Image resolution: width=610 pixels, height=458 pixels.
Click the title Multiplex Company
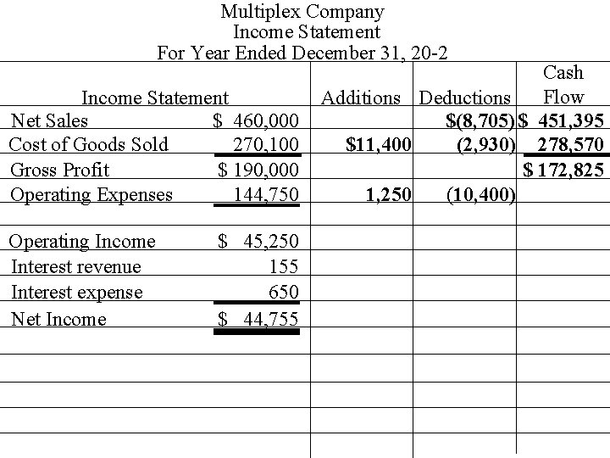coord(302,12)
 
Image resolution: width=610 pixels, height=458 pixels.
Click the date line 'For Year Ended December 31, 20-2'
coord(303,53)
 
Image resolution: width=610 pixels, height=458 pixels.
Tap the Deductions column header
coord(465,98)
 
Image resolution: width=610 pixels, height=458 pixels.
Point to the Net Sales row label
coord(48,120)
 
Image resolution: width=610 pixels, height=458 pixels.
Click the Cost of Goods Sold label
coord(88,144)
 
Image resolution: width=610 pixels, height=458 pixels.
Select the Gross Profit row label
coord(60,169)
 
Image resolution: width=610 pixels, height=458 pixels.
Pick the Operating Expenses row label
coord(91,194)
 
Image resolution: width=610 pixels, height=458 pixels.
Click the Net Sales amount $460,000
coord(256,120)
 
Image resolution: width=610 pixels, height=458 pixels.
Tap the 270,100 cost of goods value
coord(266,144)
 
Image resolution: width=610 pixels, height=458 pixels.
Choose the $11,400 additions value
coord(379,145)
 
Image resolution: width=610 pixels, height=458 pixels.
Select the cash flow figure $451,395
coord(562,120)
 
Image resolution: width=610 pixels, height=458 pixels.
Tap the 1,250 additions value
coord(388,195)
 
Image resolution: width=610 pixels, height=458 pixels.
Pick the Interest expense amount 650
coord(282,293)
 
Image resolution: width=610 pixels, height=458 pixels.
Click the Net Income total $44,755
coord(259,319)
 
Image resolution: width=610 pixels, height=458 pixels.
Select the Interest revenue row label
coord(76,267)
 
